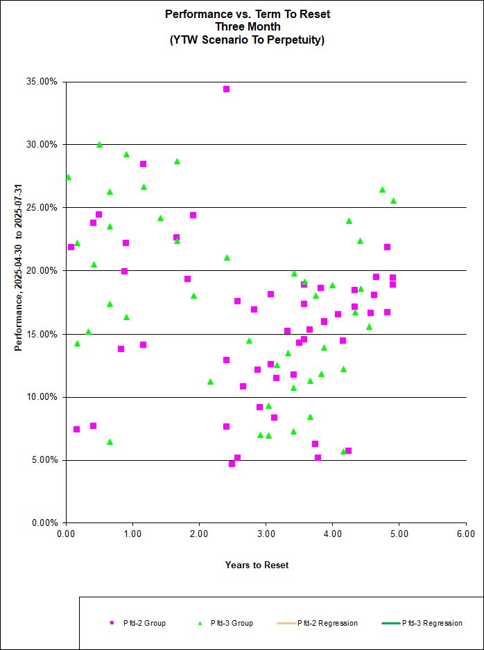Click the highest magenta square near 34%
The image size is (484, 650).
coord(226,89)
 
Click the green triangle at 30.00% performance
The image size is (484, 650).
coord(99,145)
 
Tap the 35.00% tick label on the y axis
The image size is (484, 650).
coord(43,82)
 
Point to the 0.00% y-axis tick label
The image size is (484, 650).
coord(45,523)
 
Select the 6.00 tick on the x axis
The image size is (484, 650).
coord(466,534)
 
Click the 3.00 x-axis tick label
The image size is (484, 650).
coord(266,534)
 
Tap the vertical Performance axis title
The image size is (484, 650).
coord(19,267)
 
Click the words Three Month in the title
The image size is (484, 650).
coord(248,26)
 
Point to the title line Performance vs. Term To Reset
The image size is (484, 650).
coord(248,14)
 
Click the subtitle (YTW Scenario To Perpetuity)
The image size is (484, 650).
coord(248,39)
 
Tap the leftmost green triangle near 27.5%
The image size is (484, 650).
coord(68,177)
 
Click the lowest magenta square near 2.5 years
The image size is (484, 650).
coord(232,464)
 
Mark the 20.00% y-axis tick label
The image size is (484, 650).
coord(43,271)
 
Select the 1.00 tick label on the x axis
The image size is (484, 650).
coord(132,534)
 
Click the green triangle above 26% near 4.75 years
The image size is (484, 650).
coord(382,189)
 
